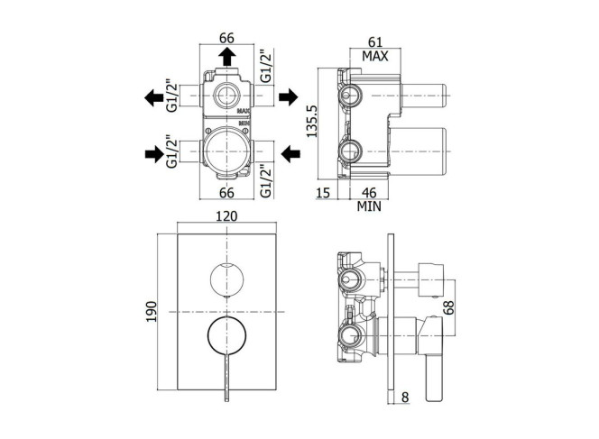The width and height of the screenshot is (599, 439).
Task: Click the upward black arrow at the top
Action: point(226,57)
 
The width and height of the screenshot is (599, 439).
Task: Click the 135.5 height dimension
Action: point(312,122)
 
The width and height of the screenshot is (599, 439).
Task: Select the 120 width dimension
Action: point(226,216)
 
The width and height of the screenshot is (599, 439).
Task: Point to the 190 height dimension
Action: point(152,312)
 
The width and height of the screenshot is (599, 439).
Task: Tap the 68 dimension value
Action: point(449,307)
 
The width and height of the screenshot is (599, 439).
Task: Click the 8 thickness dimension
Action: point(405,398)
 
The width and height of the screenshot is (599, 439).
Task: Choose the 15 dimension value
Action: point(323,193)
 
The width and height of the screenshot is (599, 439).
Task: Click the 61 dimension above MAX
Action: point(374,42)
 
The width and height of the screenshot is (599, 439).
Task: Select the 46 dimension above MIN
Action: point(369,193)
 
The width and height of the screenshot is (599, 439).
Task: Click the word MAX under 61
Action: point(374,57)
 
